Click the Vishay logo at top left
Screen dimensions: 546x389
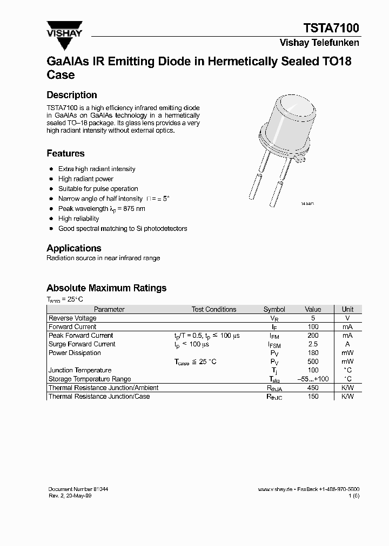(64, 30)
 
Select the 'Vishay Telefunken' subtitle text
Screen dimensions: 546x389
(319, 43)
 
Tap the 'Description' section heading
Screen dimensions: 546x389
(72, 95)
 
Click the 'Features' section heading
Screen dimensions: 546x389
(65, 153)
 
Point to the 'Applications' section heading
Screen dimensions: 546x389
(74, 248)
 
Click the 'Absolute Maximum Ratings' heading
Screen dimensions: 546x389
(106, 288)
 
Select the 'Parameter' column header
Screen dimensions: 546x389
(109, 309)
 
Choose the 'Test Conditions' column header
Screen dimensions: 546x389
(214, 309)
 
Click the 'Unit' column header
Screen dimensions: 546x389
(347, 309)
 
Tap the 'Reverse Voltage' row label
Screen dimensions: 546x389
(72, 318)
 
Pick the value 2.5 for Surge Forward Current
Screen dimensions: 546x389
(313, 344)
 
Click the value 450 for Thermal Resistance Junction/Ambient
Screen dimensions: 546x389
(313, 388)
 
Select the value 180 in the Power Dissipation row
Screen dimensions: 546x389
(313, 353)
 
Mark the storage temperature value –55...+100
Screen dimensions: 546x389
(313, 379)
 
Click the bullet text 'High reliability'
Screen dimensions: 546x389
(78, 219)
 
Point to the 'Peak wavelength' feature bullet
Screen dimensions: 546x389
(102, 209)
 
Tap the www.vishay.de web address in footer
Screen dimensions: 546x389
(275, 489)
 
